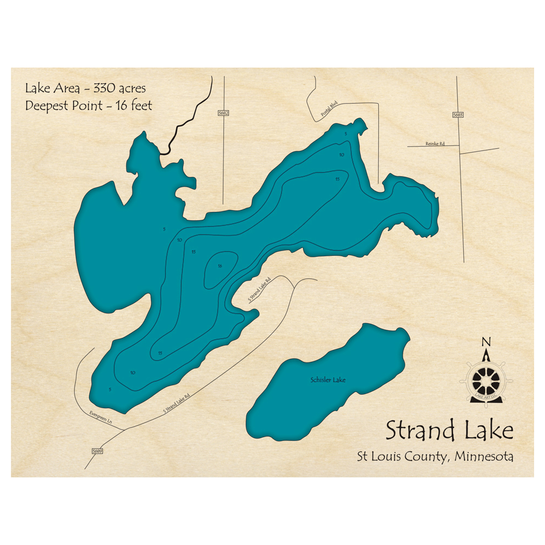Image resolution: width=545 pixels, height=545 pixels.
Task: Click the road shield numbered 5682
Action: (223, 113)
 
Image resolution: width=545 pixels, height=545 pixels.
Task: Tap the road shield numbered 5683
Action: (458, 116)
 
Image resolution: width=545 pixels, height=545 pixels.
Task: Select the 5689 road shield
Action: (98, 451)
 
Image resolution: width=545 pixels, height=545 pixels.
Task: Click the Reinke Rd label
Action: (435, 144)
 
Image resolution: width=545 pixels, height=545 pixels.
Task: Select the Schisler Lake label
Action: (328, 380)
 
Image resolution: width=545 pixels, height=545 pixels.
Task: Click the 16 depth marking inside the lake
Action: (220, 266)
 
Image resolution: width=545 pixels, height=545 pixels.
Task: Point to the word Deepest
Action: (48, 106)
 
